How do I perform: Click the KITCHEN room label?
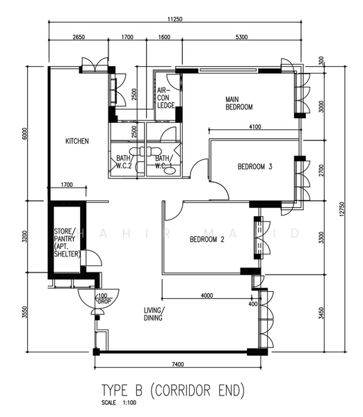coord(76,141)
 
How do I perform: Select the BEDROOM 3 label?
coord(255,167)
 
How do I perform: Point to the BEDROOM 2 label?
coord(207,240)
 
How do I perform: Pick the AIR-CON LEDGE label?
coord(166,98)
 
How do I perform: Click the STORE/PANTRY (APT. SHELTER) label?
coord(67,243)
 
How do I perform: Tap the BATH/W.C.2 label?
coord(124,162)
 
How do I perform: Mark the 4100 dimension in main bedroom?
coord(255,126)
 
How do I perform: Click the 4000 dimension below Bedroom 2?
coord(207,295)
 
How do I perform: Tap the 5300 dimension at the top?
coord(243,38)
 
